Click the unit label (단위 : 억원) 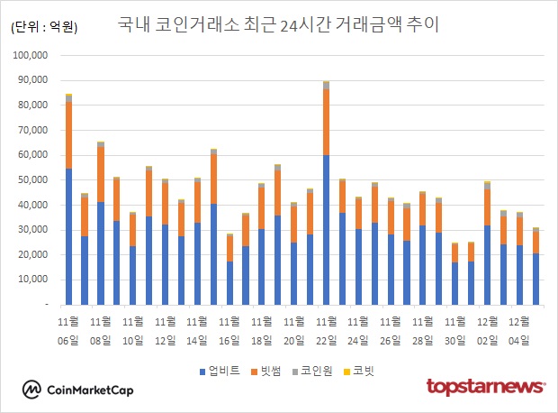click(44, 27)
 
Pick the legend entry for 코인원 click(314, 371)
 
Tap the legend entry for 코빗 click(358, 371)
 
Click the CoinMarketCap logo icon click(32, 390)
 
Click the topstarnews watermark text click(485, 387)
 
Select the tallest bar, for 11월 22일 click(326, 194)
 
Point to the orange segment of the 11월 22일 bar click(326, 122)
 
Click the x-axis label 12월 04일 click(519, 330)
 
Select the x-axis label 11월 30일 click(454, 330)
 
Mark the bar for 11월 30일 click(454, 274)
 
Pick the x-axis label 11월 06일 click(68, 330)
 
